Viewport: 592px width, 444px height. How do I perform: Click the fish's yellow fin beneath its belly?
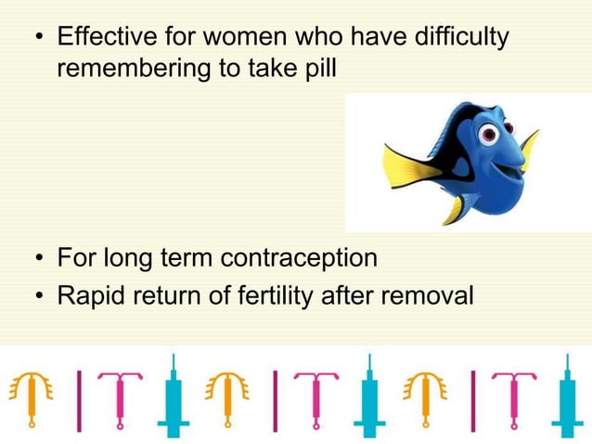[x=454, y=209]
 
